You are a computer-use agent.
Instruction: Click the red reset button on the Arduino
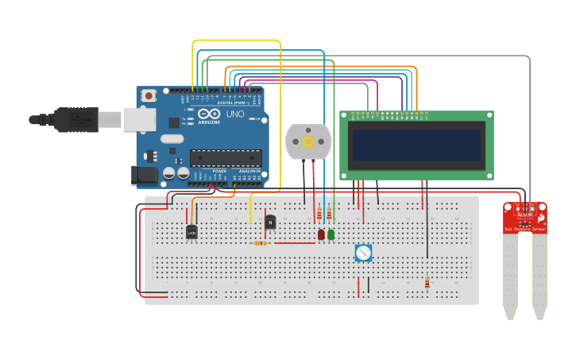149,96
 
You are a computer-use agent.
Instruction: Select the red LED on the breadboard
321,234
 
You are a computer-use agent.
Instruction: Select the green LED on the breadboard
331,234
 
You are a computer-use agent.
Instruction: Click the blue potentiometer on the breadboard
363,253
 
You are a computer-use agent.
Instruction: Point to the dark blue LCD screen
417,145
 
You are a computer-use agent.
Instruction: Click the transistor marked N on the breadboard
270,223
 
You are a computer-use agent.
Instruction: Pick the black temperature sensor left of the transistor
191,232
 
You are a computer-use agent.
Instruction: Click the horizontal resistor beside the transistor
260,243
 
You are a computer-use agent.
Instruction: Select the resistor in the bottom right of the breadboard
427,282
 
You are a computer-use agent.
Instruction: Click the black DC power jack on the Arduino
144,175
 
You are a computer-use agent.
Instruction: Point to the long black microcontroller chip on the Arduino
226,158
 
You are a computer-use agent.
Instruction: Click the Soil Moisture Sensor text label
525,230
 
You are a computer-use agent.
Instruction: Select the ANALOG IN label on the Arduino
249,171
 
